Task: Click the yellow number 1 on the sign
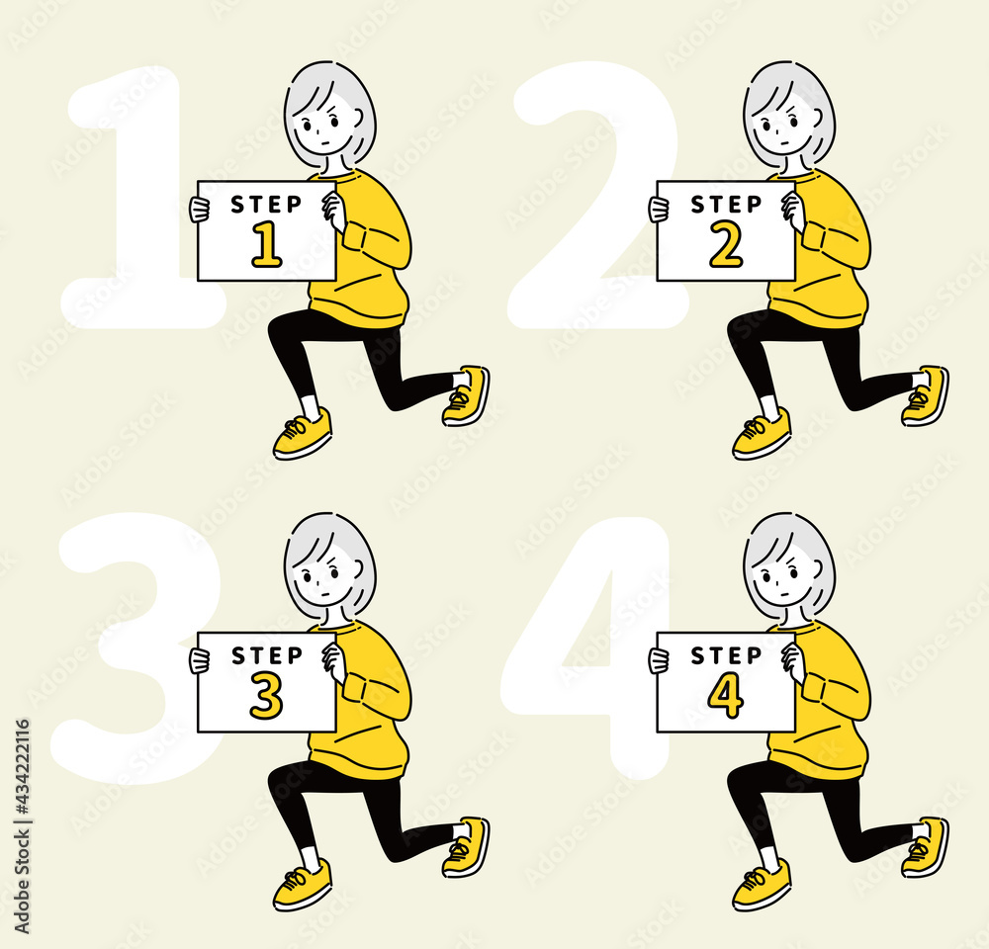click(267, 246)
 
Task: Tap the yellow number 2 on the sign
click(726, 246)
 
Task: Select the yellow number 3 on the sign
click(266, 697)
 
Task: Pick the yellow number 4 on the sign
click(726, 697)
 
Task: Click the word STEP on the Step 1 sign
click(266, 205)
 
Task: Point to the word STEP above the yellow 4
click(726, 655)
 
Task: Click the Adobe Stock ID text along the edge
click(22, 826)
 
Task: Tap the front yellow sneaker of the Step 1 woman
click(303, 433)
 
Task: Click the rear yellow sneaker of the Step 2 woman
click(926, 396)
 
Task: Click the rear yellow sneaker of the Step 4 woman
click(926, 847)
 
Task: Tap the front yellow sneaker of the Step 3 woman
click(303, 884)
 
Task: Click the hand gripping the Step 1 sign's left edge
click(200, 210)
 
